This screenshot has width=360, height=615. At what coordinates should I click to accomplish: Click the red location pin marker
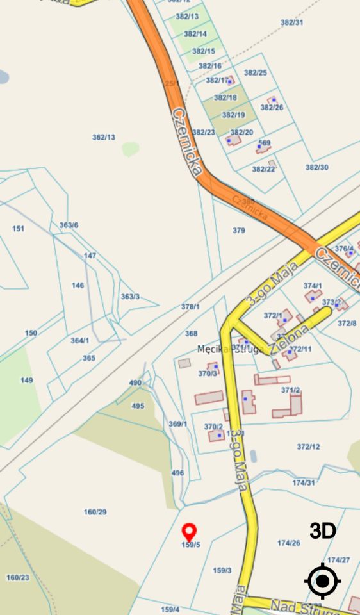click(189, 532)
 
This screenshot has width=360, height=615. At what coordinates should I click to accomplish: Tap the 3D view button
click(323, 530)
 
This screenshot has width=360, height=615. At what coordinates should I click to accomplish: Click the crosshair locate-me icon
click(323, 582)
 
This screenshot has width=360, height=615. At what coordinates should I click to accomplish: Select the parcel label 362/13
click(104, 137)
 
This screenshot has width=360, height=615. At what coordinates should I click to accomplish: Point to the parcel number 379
click(239, 231)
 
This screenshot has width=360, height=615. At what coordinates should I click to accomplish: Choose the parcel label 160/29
click(95, 512)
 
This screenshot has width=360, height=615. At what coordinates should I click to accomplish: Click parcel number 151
click(19, 229)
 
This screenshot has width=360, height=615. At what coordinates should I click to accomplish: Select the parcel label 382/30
click(316, 167)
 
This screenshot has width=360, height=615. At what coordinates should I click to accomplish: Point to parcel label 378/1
click(191, 307)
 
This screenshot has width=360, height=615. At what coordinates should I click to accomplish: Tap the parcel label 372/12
click(308, 447)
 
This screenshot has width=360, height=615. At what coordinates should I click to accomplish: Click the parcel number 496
click(177, 473)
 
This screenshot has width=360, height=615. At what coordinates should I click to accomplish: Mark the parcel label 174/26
click(288, 543)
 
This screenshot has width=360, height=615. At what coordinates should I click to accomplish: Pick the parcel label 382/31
click(292, 22)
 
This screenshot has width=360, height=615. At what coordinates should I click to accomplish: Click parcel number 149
click(26, 380)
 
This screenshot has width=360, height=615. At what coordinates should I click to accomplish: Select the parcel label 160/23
click(18, 577)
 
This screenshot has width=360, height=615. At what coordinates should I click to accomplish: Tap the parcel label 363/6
click(69, 225)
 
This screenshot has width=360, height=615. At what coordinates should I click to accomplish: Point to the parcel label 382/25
click(256, 72)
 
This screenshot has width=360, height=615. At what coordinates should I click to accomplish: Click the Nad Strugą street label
click(295, 605)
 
